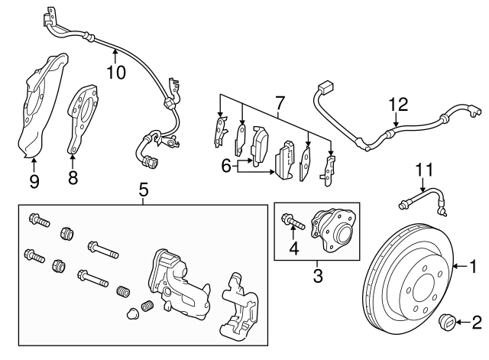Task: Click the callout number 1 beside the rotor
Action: [473, 267]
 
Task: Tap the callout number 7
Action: [280, 102]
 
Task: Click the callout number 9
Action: [34, 182]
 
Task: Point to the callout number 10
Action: [115, 72]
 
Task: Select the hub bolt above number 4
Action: [293, 222]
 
